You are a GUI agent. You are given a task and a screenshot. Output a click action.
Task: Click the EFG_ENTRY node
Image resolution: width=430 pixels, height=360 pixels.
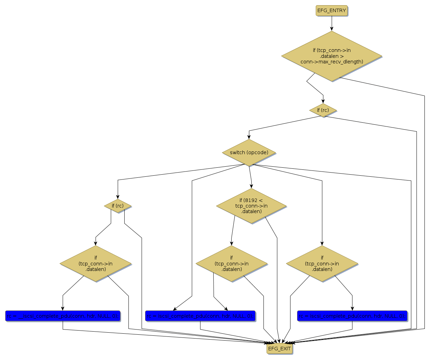331,10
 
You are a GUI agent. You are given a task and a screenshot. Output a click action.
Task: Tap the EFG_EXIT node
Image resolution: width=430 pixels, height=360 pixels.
279,349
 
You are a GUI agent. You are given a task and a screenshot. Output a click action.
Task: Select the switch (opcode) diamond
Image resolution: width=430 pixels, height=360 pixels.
249,152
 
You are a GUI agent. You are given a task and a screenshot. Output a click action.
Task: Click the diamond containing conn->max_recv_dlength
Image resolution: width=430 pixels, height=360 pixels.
332,56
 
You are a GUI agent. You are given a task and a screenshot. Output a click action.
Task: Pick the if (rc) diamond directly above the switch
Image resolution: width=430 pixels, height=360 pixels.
323,110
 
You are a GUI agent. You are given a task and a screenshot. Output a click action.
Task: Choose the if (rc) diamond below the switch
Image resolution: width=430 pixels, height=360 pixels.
118,206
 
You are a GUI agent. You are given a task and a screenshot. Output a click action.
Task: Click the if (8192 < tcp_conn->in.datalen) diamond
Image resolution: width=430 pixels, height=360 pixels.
251,206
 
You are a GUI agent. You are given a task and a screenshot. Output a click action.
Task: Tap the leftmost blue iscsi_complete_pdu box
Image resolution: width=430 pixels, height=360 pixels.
63,316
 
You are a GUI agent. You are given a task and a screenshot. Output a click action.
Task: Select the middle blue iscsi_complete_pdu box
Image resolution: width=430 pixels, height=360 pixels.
200,316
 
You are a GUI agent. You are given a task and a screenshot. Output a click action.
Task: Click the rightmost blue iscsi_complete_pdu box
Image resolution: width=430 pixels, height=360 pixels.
352,316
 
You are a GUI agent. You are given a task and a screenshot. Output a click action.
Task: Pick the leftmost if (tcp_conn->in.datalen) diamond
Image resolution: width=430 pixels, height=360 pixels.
96,264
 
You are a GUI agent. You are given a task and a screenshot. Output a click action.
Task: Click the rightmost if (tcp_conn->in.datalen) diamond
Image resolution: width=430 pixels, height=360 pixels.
322,264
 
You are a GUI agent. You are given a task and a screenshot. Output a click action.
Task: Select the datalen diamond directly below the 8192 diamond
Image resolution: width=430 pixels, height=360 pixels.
232,264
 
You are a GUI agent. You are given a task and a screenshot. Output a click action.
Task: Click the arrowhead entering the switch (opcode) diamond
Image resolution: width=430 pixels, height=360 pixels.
249,137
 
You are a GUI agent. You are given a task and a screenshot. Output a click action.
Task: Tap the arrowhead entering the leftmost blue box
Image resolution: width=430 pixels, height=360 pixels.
63,308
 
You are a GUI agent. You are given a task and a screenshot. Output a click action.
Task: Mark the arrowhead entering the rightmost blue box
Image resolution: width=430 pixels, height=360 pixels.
352,308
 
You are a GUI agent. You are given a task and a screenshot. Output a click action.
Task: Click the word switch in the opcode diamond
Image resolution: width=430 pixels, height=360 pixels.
237,152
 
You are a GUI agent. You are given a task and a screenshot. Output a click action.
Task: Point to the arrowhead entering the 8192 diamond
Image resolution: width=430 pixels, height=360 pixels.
252,186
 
